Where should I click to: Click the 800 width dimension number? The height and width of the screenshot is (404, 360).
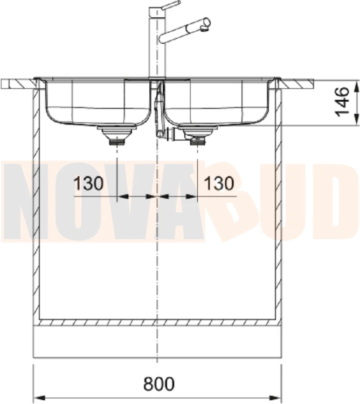click(159, 384)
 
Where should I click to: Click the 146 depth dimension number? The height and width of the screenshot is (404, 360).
click(342, 102)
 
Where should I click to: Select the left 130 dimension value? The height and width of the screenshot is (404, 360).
click(88, 184)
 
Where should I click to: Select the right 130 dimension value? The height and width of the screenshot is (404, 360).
click(219, 184)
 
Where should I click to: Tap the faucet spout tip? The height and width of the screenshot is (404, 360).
click(206, 29)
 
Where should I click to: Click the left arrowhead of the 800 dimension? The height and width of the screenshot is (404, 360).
click(39, 397)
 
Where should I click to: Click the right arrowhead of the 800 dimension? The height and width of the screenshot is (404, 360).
click(275, 397)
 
